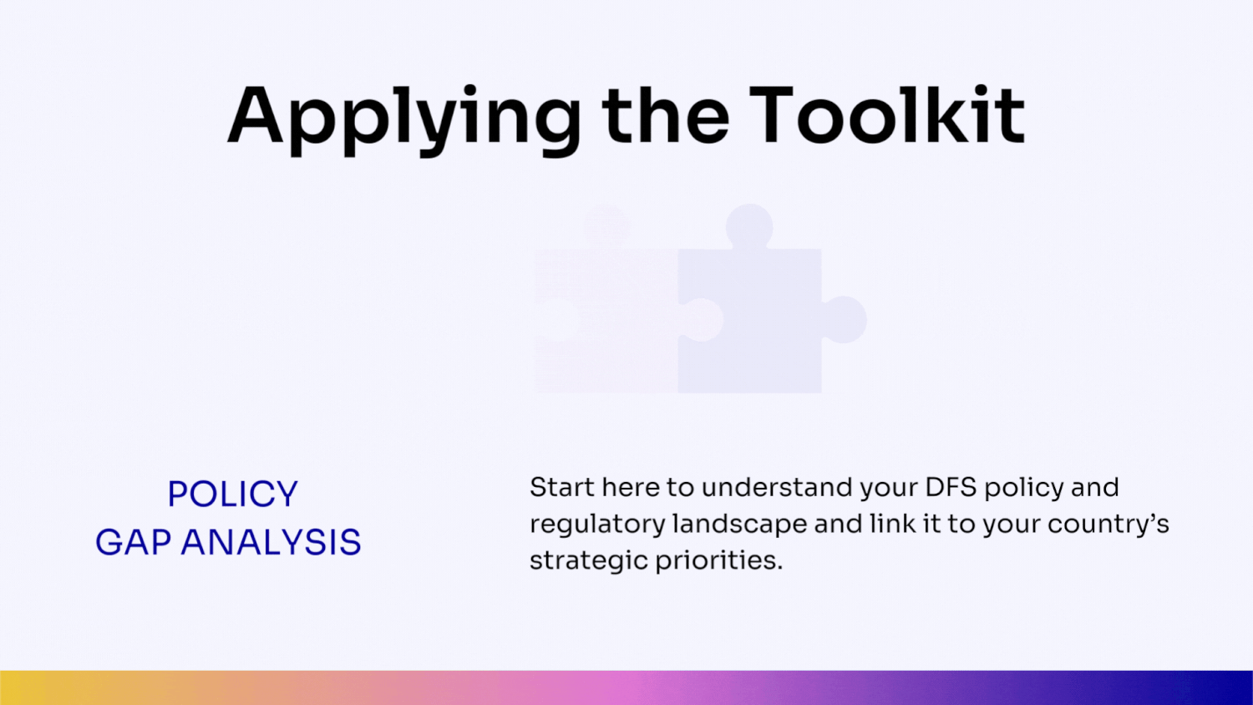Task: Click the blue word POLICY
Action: [x=232, y=495]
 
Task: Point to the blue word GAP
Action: [x=134, y=543]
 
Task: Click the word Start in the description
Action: [x=561, y=487]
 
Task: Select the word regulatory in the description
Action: [x=597, y=525]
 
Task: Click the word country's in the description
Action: [x=1108, y=525]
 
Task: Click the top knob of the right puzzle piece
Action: [x=749, y=226]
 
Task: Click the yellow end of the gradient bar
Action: [x=17, y=687]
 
